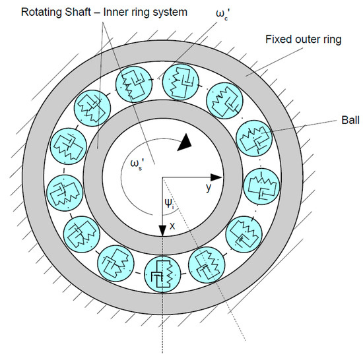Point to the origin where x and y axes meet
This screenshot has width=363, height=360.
pos(162,177)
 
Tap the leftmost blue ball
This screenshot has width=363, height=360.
pos(63,185)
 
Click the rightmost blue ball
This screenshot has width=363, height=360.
pos(261,185)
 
